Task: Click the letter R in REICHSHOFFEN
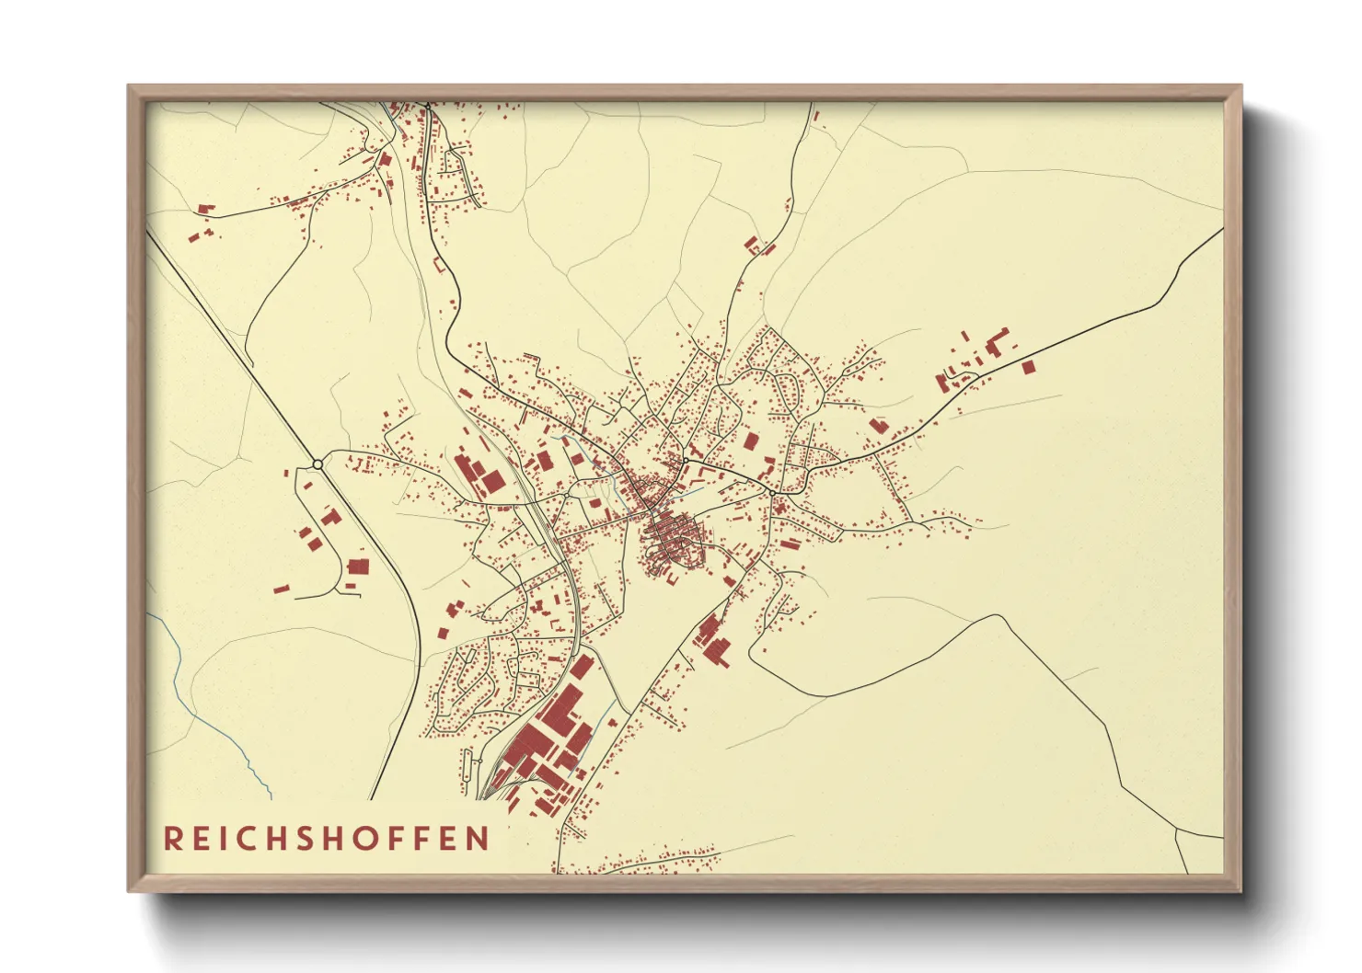[x=173, y=839]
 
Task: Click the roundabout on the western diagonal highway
[x=317, y=464]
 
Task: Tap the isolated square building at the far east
[x=1028, y=367]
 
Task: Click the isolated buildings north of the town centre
[x=757, y=246]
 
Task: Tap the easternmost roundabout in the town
[x=772, y=493]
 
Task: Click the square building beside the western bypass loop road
[x=357, y=567]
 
